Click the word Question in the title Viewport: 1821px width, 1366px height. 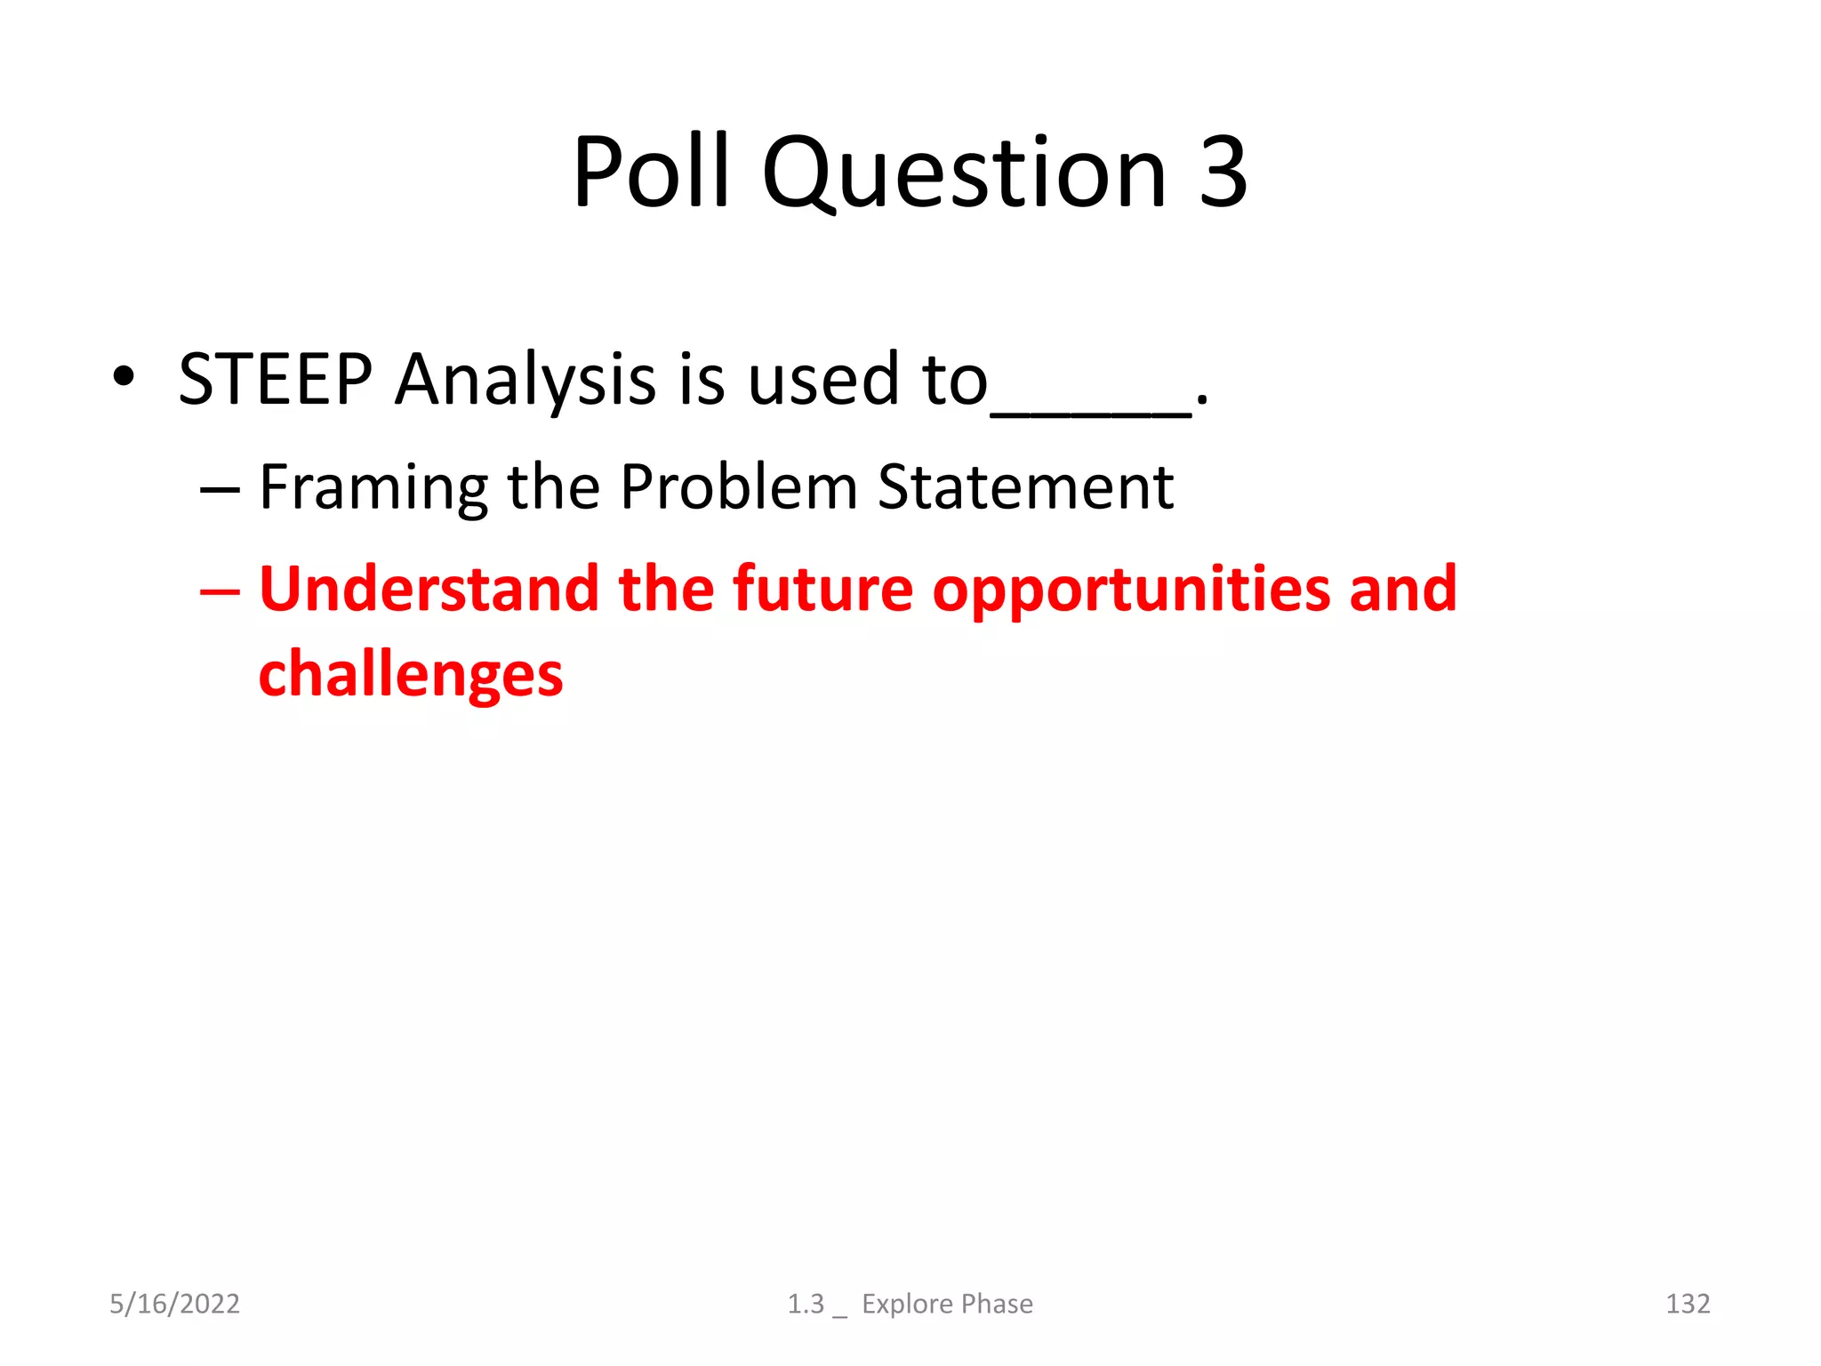point(964,173)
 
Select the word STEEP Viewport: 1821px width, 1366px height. point(275,380)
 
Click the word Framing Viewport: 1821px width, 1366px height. point(373,489)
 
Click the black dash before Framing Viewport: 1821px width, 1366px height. point(220,490)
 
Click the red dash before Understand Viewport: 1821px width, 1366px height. point(220,591)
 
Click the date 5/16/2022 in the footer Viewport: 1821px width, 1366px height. point(174,1304)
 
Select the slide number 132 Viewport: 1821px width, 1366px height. point(1687,1304)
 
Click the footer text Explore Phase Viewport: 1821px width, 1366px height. point(947,1304)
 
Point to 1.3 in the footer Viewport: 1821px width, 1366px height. point(806,1304)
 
